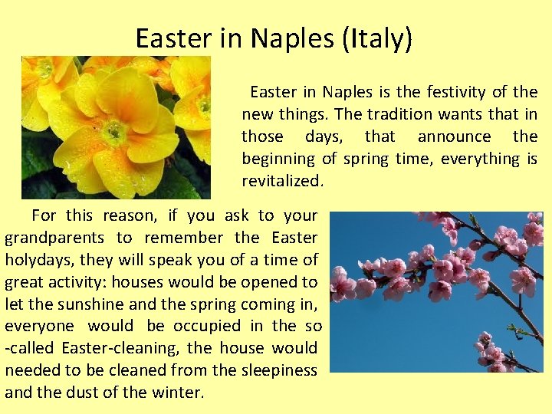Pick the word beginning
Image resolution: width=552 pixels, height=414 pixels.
pos(278,159)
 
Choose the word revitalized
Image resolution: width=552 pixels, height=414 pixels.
pos(282,182)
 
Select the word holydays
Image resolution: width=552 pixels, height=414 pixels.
pos(35,260)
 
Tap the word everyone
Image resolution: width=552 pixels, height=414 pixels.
pos(39,327)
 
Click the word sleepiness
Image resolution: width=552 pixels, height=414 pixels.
pos(277,370)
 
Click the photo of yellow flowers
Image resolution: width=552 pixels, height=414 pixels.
pos(116,127)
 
